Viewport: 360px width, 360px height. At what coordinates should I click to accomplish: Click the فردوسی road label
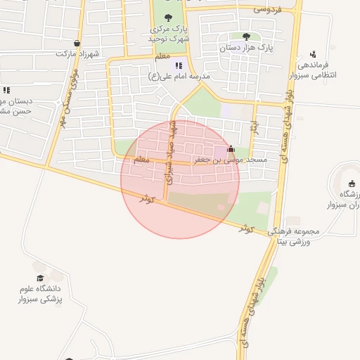pos(267,9)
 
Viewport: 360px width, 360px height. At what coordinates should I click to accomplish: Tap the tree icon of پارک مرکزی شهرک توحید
pos(167,18)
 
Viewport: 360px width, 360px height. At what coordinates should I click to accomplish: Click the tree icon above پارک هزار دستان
pos(245,37)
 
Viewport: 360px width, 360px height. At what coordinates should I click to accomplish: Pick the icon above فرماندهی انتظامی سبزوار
pos(313,53)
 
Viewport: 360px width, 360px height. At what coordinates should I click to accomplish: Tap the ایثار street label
pos(254,127)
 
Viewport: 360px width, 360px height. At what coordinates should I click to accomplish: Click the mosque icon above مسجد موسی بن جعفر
pos(231,149)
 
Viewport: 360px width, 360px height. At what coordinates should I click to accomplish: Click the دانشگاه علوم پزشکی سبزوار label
pos(40,294)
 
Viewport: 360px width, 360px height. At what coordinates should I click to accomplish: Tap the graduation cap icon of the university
pos(40,278)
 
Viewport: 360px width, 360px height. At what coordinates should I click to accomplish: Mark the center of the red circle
pos(180,179)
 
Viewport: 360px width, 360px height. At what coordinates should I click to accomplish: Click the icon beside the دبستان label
pos(6,90)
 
